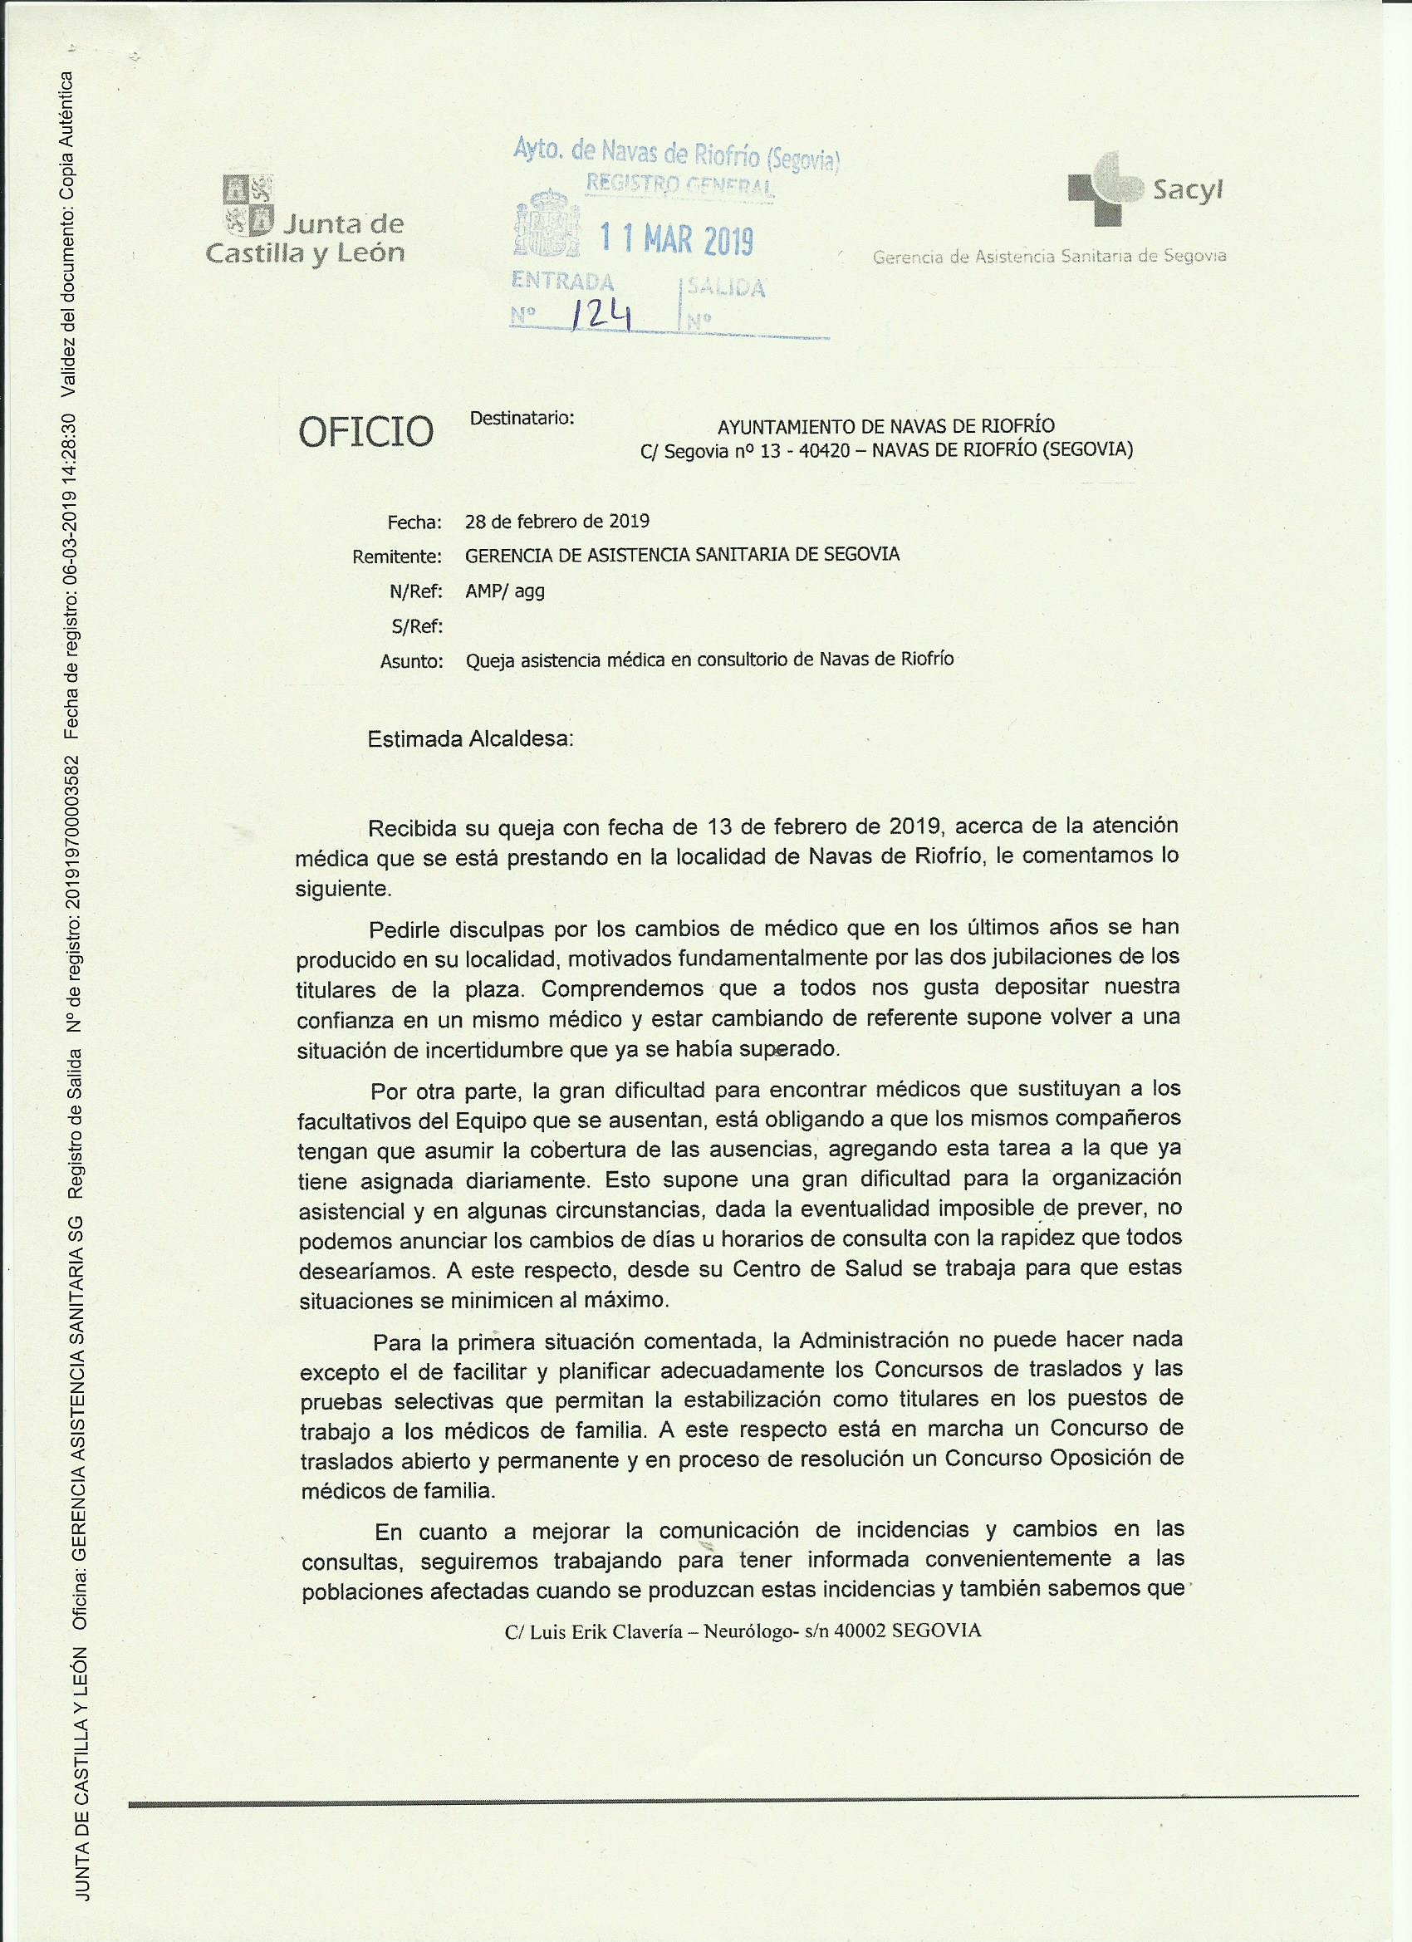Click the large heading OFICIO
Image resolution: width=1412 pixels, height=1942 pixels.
365,433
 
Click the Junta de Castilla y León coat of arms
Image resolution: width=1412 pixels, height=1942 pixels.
248,204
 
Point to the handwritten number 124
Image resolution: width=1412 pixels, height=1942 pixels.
601,316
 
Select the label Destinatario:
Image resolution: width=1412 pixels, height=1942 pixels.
522,419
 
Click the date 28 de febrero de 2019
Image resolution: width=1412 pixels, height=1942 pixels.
556,522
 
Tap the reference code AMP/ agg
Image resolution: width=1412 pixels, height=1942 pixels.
504,591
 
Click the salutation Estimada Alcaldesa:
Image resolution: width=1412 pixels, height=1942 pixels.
470,739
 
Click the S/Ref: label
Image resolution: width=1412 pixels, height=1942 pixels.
416,627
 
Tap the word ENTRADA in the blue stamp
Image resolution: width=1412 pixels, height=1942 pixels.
561,282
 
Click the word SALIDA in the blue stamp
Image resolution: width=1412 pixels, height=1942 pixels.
728,287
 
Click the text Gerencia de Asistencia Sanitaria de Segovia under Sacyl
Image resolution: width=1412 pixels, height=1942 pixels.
1049,255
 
